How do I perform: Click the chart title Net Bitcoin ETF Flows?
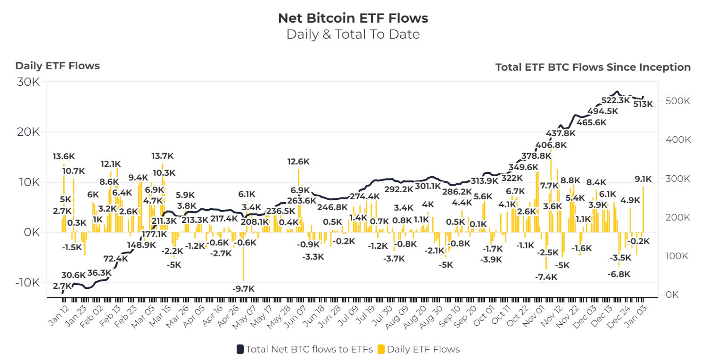353,18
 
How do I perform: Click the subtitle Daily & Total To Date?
353,34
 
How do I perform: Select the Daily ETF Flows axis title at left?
58,66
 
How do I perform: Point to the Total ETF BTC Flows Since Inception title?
593,67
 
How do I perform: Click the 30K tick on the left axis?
29,82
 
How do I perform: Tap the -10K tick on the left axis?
26,283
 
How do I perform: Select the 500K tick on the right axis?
678,101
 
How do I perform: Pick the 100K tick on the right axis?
678,256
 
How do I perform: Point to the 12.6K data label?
298,162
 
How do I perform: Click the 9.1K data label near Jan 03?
643,179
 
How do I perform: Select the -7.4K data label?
546,277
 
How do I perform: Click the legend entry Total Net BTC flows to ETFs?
305,349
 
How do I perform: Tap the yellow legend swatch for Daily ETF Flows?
381,349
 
